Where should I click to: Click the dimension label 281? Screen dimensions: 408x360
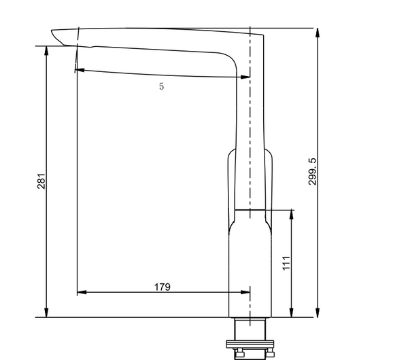[x=41, y=181]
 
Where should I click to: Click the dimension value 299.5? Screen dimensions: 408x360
[x=312, y=172]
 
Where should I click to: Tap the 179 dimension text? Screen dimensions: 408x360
[x=163, y=287]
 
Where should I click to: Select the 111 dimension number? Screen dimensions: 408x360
[x=286, y=263]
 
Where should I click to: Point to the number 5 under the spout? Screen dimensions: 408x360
[x=162, y=86]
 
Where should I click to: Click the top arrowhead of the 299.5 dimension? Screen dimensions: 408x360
[x=318, y=33]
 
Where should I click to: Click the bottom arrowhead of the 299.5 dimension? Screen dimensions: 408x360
[x=318, y=312]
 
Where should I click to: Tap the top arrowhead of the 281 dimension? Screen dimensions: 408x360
[x=46, y=51]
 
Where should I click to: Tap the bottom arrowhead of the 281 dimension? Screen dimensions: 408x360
[x=46, y=312]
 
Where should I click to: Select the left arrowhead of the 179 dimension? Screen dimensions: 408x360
[x=82, y=293]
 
